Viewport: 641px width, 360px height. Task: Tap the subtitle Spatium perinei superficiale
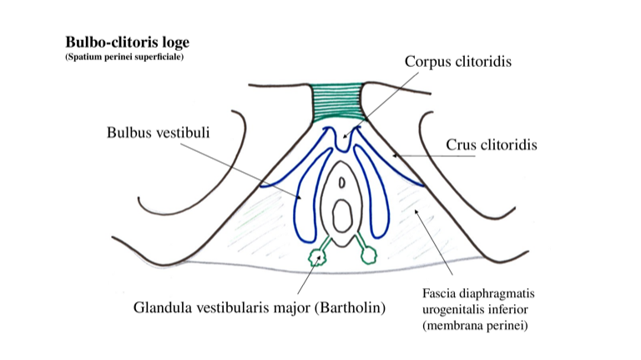click(124, 57)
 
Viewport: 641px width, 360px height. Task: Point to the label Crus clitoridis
click(492, 145)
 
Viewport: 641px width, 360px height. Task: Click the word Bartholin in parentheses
click(350, 307)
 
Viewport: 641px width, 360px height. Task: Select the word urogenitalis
click(450, 309)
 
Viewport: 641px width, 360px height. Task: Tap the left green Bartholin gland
click(316, 256)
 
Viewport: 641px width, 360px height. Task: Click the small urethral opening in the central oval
click(342, 180)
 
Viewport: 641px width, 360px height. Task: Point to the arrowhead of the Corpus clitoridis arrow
click(344, 136)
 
